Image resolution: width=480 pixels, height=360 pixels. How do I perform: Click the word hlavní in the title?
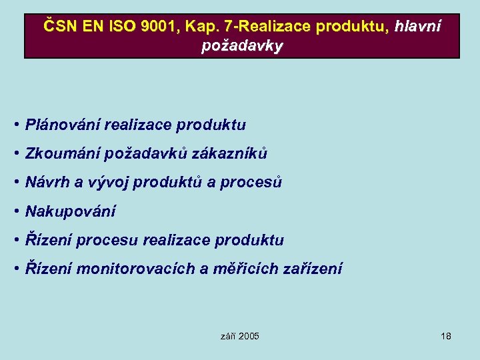(417, 27)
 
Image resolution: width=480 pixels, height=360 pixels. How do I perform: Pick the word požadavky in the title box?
(242, 46)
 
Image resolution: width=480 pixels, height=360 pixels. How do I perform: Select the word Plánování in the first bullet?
(62, 125)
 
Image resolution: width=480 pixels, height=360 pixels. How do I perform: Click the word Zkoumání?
(62, 153)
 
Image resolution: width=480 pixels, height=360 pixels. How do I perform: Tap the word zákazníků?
(229, 153)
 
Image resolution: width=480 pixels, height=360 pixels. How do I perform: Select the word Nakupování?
(70, 211)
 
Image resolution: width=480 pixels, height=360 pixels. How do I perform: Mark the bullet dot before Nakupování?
(15, 211)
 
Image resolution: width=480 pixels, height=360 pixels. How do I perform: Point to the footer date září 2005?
(239, 336)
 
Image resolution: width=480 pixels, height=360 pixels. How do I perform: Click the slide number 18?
(446, 336)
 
